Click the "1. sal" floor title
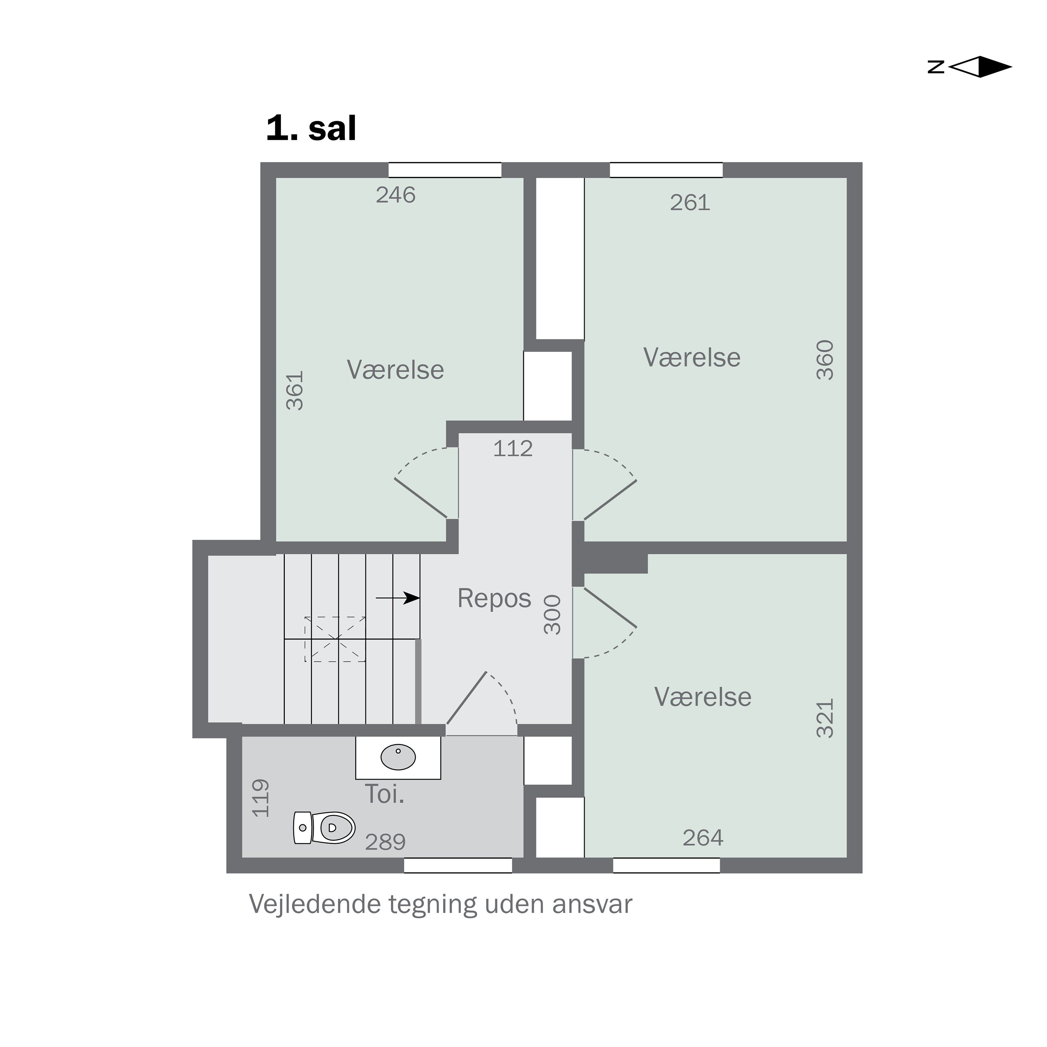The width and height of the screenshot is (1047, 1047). pos(311,129)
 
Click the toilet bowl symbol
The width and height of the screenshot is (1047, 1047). pos(324,827)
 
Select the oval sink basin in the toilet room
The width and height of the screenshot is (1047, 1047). pos(398,757)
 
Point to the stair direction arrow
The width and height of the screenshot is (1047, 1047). pos(398,598)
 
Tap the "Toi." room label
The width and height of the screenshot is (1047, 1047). pos(385,794)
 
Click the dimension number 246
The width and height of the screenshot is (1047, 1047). pos(396,195)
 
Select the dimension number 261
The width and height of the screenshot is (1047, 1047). pos(690,203)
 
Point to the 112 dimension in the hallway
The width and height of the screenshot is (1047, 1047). pos(513,449)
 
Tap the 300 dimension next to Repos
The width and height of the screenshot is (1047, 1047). pos(552,615)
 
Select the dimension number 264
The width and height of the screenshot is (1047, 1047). pos(703,838)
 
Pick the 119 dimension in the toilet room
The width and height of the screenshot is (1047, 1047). pos(261,798)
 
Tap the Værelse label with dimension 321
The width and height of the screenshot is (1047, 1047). pos(703,697)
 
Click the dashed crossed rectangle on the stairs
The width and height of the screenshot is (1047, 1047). pos(335,639)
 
